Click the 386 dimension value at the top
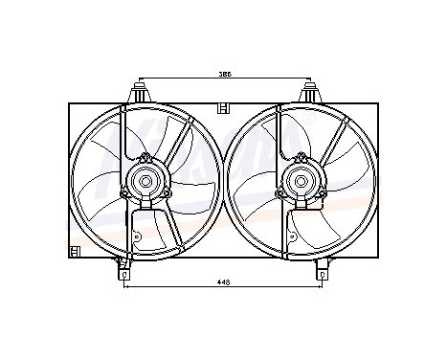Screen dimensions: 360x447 [x=223, y=74]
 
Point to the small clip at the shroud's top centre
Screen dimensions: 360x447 [x=224, y=104]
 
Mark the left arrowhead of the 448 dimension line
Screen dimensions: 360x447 [x=126, y=287]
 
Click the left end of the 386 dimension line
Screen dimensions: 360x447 [x=141, y=79]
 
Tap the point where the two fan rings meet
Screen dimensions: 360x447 [x=223, y=179]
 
